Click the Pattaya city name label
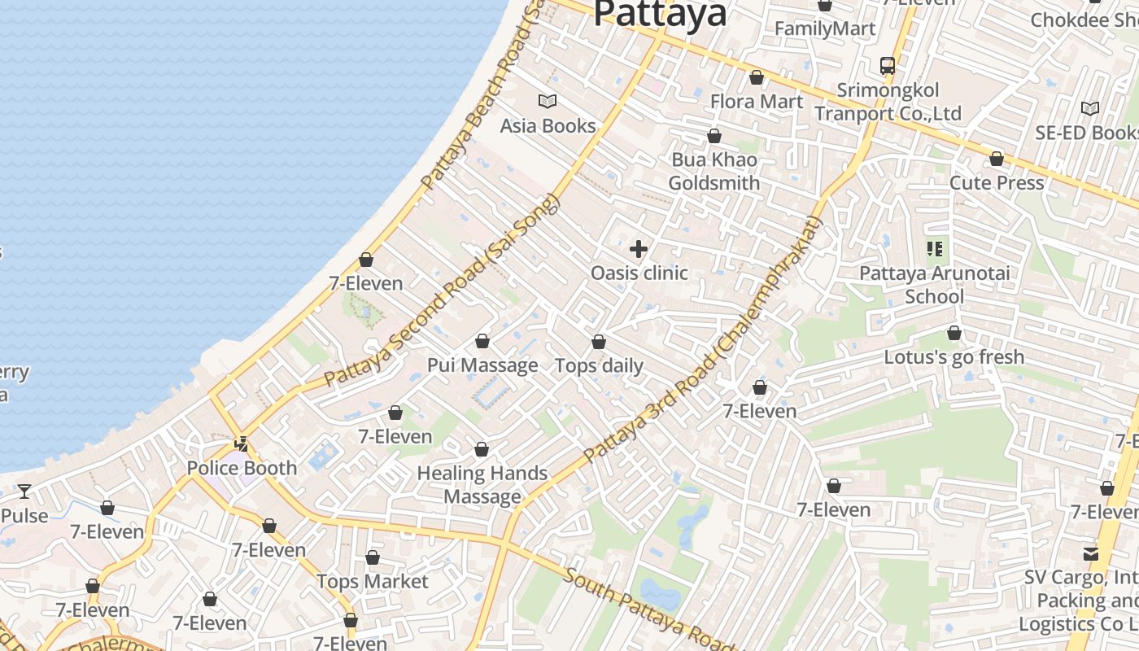point(660,14)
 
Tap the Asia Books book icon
point(548,102)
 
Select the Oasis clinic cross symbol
point(639,249)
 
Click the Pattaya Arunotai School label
point(935,285)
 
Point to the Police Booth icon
point(242,444)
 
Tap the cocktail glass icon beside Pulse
point(24,492)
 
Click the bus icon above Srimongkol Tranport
point(888,66)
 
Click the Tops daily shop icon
point(599,343)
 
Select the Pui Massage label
point(482,365)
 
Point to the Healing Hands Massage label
point(482,485)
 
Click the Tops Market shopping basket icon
point(373,558)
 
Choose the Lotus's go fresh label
point(954,357)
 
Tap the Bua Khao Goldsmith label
point(714,172)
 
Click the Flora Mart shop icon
point(757,78)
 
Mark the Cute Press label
point(997,183)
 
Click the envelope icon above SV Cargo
point(1091,554)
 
